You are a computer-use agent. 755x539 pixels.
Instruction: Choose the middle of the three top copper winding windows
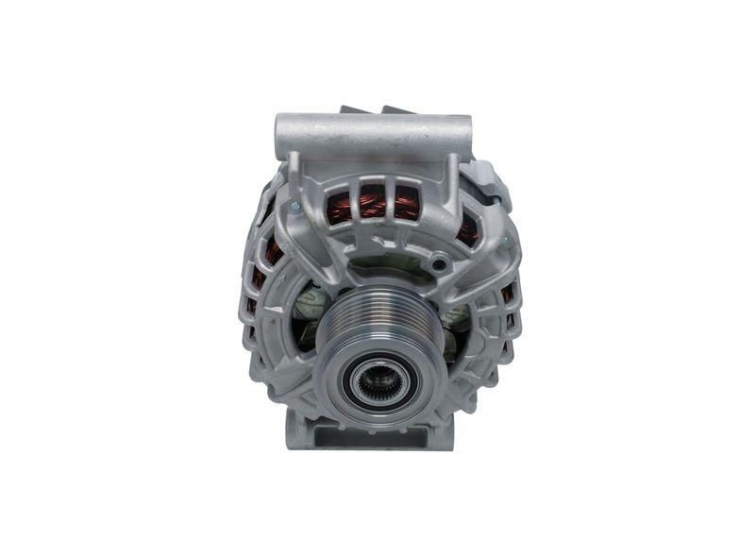tap(373, 201)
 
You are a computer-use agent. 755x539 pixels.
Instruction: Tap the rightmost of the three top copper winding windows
tap(407, 203)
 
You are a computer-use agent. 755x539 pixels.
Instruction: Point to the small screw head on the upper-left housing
tap(294, 206)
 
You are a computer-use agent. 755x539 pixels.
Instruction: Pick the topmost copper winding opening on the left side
tap(271, 250)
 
